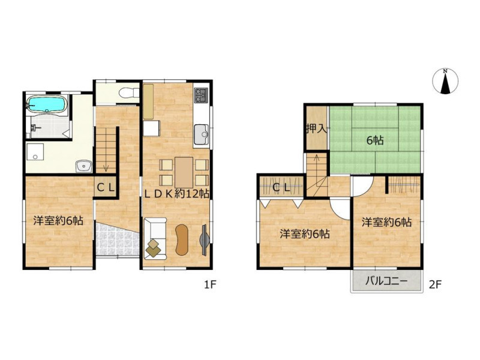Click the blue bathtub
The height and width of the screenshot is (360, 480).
click(47, 104)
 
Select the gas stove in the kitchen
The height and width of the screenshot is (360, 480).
click(202, 95)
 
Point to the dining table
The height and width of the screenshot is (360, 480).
click(184, 172)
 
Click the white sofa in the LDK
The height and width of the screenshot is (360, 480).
click(155, 238)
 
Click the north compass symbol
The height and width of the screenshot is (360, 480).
click(445, 82)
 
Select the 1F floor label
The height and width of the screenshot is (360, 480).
click(211, 285)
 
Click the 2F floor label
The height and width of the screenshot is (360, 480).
click(435, 285)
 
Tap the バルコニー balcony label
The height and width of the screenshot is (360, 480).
click(386, 281)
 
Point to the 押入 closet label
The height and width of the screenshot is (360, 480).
click(317, 129)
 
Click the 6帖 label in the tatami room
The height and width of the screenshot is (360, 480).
click(375, 140)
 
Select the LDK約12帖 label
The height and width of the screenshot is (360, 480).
click(176, 193)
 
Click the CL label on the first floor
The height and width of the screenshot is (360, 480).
click(106, 187)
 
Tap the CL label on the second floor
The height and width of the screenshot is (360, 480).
click(281, 187)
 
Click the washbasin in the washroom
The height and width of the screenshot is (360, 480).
click(84, 167)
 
